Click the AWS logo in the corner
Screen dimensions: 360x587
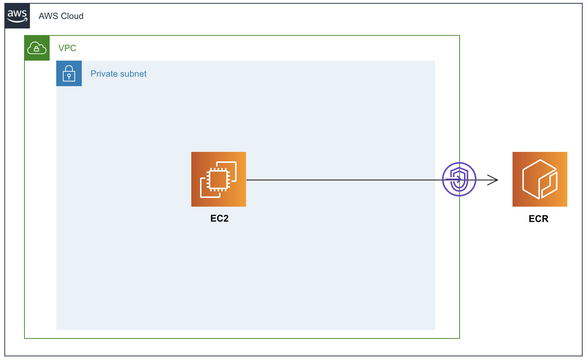[x=17, y=16]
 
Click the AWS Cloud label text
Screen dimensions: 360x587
[x=61, y=16]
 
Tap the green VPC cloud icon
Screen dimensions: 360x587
[x=37, y=48]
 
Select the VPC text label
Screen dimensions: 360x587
[x=67, y=48]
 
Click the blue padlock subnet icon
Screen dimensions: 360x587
[x=69, y=73]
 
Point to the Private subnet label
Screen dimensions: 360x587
[x=118, y=74]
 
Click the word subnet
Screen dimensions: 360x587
[x=133, y=74]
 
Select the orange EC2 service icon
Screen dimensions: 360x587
[x=218, y=179]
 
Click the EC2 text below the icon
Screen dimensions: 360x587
[x=219, y=218]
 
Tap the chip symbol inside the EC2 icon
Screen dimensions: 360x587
[x=218, y=180]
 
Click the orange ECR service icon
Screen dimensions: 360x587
[x=540, y=179]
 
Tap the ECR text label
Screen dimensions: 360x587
[x=538, y=219]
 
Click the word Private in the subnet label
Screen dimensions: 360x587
[x=103, y=74]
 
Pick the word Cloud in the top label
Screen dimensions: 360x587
[x=72, y=16]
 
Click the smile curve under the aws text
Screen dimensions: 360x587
[x=17, y=21]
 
